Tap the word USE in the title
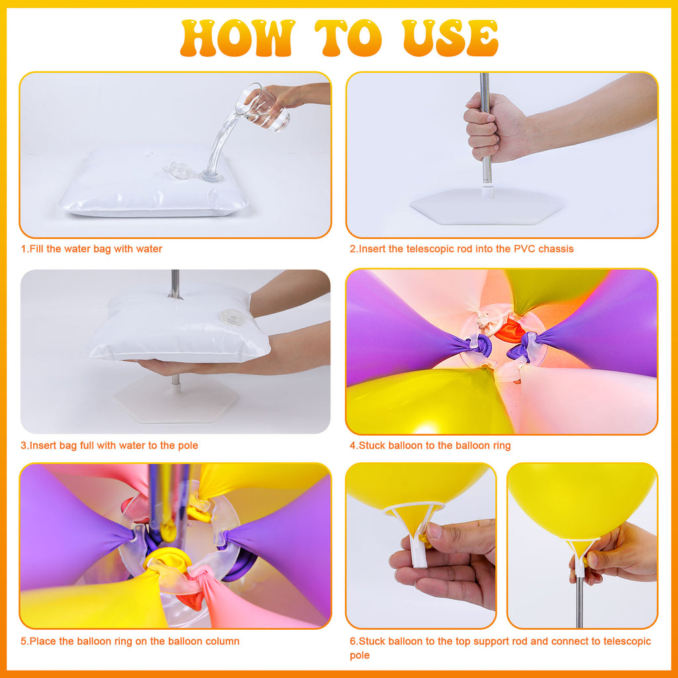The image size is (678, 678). (450, 38)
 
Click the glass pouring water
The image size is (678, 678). (262, 107)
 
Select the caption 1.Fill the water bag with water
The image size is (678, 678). (91, 249)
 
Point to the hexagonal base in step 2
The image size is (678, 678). (487, 207)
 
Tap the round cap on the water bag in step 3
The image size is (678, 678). (232, 318)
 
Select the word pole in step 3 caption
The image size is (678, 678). (188, 446)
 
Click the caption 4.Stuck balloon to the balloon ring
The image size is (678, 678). (430, 446)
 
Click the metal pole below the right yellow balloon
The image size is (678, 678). (579, 602)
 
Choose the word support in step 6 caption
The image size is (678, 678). (493, 642)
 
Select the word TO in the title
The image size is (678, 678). (348, 38)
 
